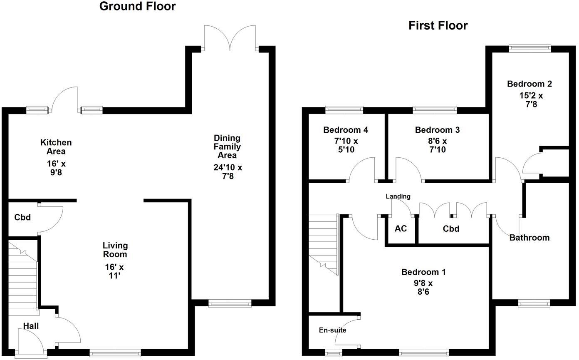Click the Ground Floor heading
click(x=137, y=7)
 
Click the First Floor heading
click(x=438, y=26)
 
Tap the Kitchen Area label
click(x=56, y=147)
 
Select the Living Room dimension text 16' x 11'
click(x=115, y=271)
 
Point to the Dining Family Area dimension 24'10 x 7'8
click(x=227, y=172)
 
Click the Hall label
click(x=31, y=326)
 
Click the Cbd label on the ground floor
click(x=22, y=217)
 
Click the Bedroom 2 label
click(x=529, y=84)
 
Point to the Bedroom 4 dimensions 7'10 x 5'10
click(x=345, y=145)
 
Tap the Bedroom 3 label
click(x=437, y=130)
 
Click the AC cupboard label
click(x=400, y=228)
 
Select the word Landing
click(x=398, y=196)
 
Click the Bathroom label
click(x=529, y=238)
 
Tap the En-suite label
click(x=332, y=330)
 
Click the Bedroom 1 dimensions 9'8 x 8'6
click(x=423, y=288)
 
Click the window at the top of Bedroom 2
click(x=529, y=48)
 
